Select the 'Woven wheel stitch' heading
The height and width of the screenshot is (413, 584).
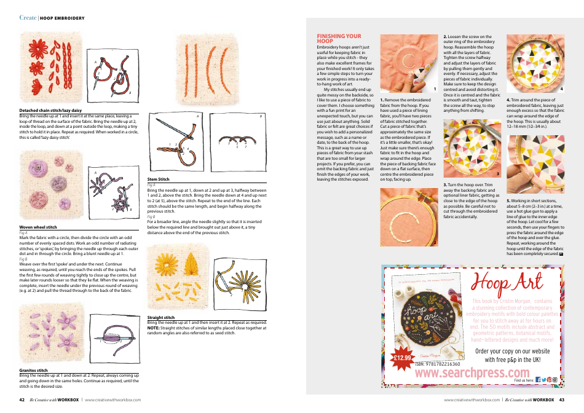38,227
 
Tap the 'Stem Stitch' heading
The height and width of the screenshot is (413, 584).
158,179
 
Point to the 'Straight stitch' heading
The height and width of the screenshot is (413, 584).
161,317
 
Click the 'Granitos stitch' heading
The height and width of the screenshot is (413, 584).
34,370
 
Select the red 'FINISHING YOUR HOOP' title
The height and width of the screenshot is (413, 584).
334,39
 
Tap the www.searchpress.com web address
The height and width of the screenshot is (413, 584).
472,373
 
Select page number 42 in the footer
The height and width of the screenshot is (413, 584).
22,399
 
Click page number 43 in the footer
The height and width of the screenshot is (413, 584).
561,399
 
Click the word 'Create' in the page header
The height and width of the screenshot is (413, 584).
28,18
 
